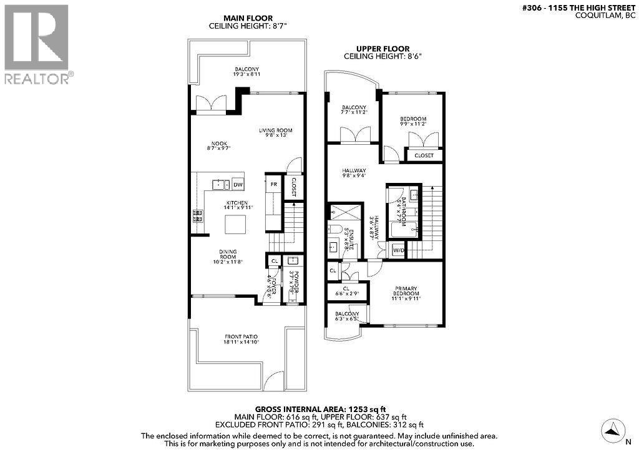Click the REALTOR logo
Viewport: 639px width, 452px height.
(x=37, y=44)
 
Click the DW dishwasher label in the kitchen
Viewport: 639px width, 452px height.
(x=238, y=185)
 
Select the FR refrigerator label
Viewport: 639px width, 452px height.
(x=273, y=184)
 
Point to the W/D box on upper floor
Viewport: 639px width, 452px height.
(x=398, y=250)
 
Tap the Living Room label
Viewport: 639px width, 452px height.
(x=276, y=134)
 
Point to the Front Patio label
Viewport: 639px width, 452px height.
(x=240, y=339)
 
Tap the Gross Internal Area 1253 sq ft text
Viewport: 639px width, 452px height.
(x=319, y=408)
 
